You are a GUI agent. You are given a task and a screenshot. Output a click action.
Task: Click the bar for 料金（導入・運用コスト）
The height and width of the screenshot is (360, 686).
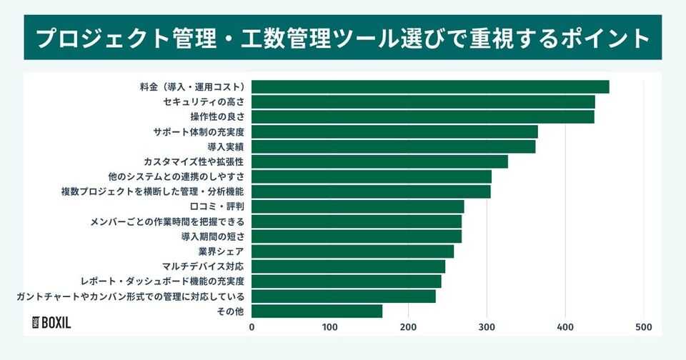(x=430, y=87)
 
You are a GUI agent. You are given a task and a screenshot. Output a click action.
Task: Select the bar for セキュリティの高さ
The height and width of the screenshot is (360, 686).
(x=423, y=102)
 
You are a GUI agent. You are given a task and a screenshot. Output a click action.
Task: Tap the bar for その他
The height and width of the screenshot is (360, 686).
(x=317, y=311)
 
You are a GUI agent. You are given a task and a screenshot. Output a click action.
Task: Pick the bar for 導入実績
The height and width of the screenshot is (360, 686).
(x=393, y=146)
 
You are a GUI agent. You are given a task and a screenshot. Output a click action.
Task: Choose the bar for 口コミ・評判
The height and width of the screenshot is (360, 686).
(x=357, y=206)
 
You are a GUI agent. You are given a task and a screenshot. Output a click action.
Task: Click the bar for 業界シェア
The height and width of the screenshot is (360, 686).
(x=352, y=251)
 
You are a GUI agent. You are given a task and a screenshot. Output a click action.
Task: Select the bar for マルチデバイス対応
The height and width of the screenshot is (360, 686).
(x=348, y=266)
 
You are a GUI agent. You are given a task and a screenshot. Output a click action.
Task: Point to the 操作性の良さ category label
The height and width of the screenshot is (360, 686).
(x=217, y=117)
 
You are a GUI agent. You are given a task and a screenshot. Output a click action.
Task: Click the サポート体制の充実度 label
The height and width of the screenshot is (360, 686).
(x=199, y=132)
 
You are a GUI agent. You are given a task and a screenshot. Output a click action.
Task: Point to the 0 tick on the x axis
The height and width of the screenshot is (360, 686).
(x=252, y=327)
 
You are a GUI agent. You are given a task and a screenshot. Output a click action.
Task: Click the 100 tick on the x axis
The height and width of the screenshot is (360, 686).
(x=330, y=327)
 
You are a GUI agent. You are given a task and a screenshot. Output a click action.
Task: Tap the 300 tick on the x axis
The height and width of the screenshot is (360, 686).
(x=487, y=327)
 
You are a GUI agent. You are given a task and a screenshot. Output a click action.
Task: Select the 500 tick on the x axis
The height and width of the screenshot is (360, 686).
(x=643, y=327)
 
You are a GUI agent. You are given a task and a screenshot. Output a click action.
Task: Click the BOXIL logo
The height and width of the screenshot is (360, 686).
(x=52, y=322)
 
